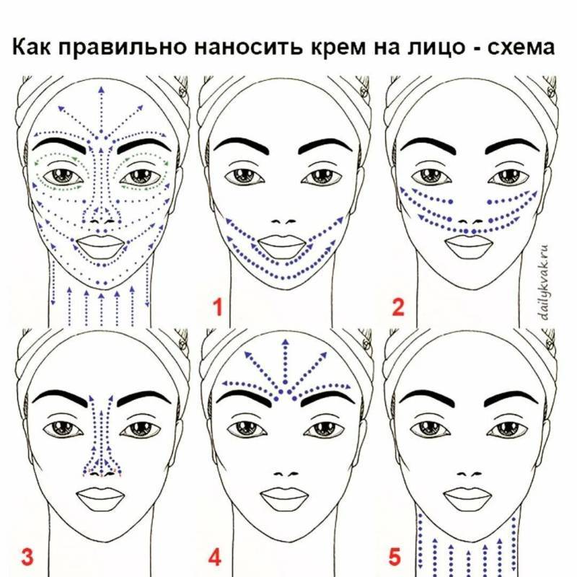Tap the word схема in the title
point(521,48)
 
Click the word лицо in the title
point(436,48)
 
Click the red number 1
point(219,307)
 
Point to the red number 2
point(398,307)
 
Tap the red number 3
point(27,557)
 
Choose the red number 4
point(215,557)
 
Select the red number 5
point(395,557)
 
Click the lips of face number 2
point(468,246)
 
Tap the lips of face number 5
point(467,499)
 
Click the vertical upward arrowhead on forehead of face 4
point(285,342)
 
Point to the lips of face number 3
point(100,499)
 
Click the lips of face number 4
point(284,499)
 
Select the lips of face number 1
point(283,246)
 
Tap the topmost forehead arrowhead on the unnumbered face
point(101,89)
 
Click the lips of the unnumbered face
point(100,246)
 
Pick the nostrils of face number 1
point(284,221)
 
